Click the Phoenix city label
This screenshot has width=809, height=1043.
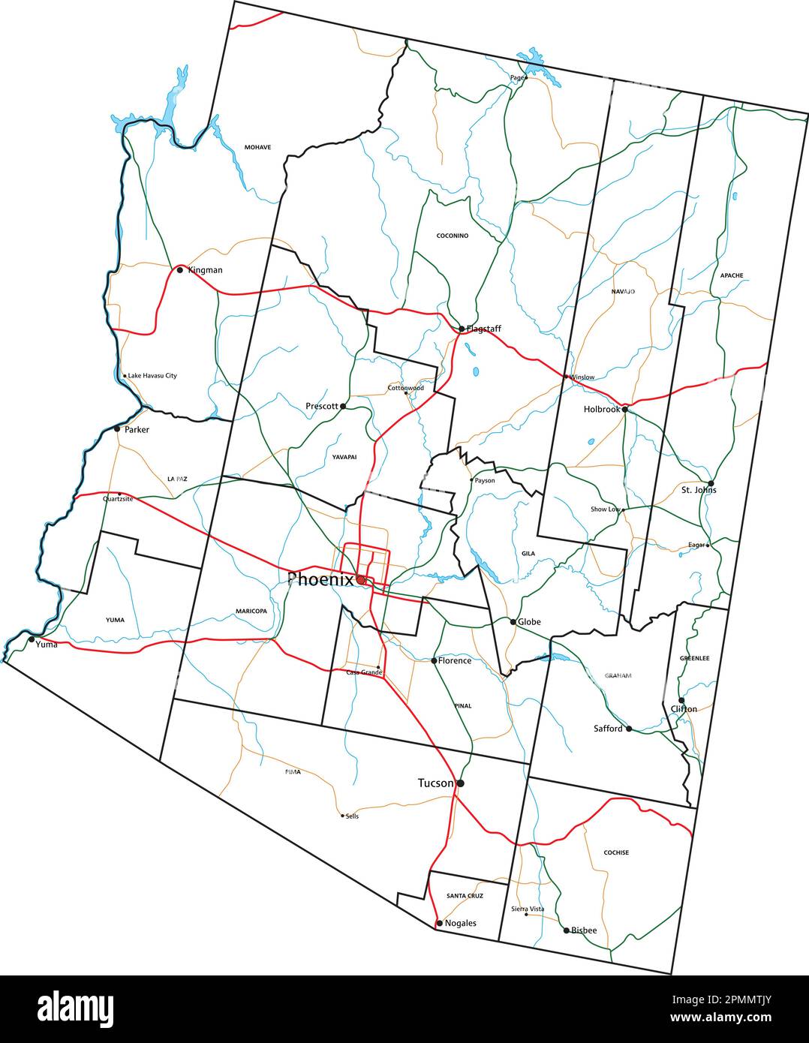click(x=320, y=579)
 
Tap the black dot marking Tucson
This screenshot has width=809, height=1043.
click(x=460, y=783)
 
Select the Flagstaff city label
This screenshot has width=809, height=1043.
click(x=484, y=329)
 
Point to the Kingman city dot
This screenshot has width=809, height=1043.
click(x=179, y=269)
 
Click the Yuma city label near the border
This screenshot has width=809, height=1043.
click(x=47, y=644)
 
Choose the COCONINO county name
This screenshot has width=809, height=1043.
click(x=453, y=236)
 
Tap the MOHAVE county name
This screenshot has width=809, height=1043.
click(x=257, y=147)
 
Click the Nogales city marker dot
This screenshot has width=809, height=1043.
click(x=439, y=923)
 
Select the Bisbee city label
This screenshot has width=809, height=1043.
click(x=584, y=930)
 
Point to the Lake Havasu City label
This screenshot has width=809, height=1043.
click(x=152, y=376)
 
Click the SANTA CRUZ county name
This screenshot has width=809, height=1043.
click(x=465, y=896)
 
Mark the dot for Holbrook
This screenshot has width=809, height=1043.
click(x=625, y=410)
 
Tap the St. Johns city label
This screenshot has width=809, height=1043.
click(x=699, y=490)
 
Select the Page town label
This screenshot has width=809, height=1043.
click(x=516, y=77)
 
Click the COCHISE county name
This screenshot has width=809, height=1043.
click(x=616, y=852)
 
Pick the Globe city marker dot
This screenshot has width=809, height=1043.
click(x=513, y=622)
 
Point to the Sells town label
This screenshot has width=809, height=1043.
click(x=352, y=816)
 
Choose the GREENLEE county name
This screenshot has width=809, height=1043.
click(x=694, y=658)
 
